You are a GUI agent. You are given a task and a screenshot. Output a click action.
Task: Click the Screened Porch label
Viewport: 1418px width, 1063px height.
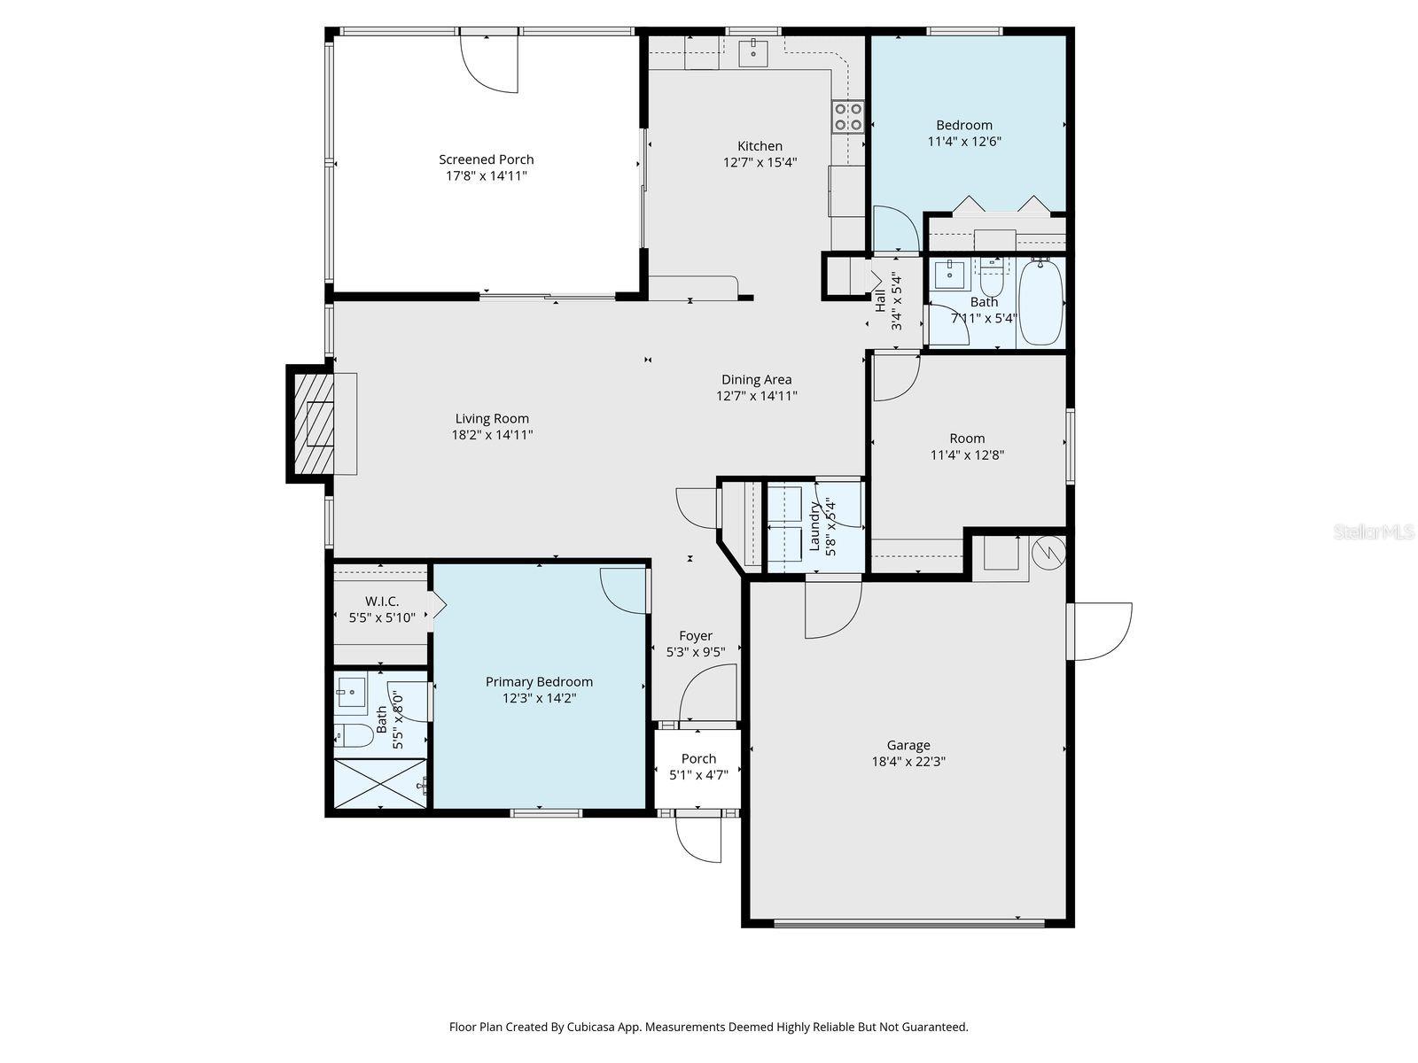[x=487, y=159]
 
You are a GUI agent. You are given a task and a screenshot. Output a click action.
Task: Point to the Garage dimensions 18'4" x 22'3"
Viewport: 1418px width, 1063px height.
[x=908, y=761]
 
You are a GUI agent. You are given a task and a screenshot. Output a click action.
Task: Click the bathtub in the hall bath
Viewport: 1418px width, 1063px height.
[x=1040, y=302]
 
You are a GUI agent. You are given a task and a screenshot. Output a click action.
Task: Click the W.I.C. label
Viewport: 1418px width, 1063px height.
[x=382, y=601]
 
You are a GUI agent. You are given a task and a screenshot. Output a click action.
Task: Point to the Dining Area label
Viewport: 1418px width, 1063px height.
[x=756, y=380]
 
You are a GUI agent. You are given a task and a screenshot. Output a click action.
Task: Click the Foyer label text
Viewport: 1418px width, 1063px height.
[x=696, y=636]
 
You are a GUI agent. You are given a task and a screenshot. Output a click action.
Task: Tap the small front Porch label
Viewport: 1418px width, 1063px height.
[x=698, y=758]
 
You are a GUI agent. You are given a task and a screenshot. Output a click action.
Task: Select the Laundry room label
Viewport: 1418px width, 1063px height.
[x=814, y=527]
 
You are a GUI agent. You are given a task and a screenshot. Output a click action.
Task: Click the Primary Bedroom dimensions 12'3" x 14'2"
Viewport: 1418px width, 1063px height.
[x=539, y=698]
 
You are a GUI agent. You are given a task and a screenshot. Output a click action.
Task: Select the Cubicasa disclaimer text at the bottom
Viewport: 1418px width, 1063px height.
[x=708, y=1028]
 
